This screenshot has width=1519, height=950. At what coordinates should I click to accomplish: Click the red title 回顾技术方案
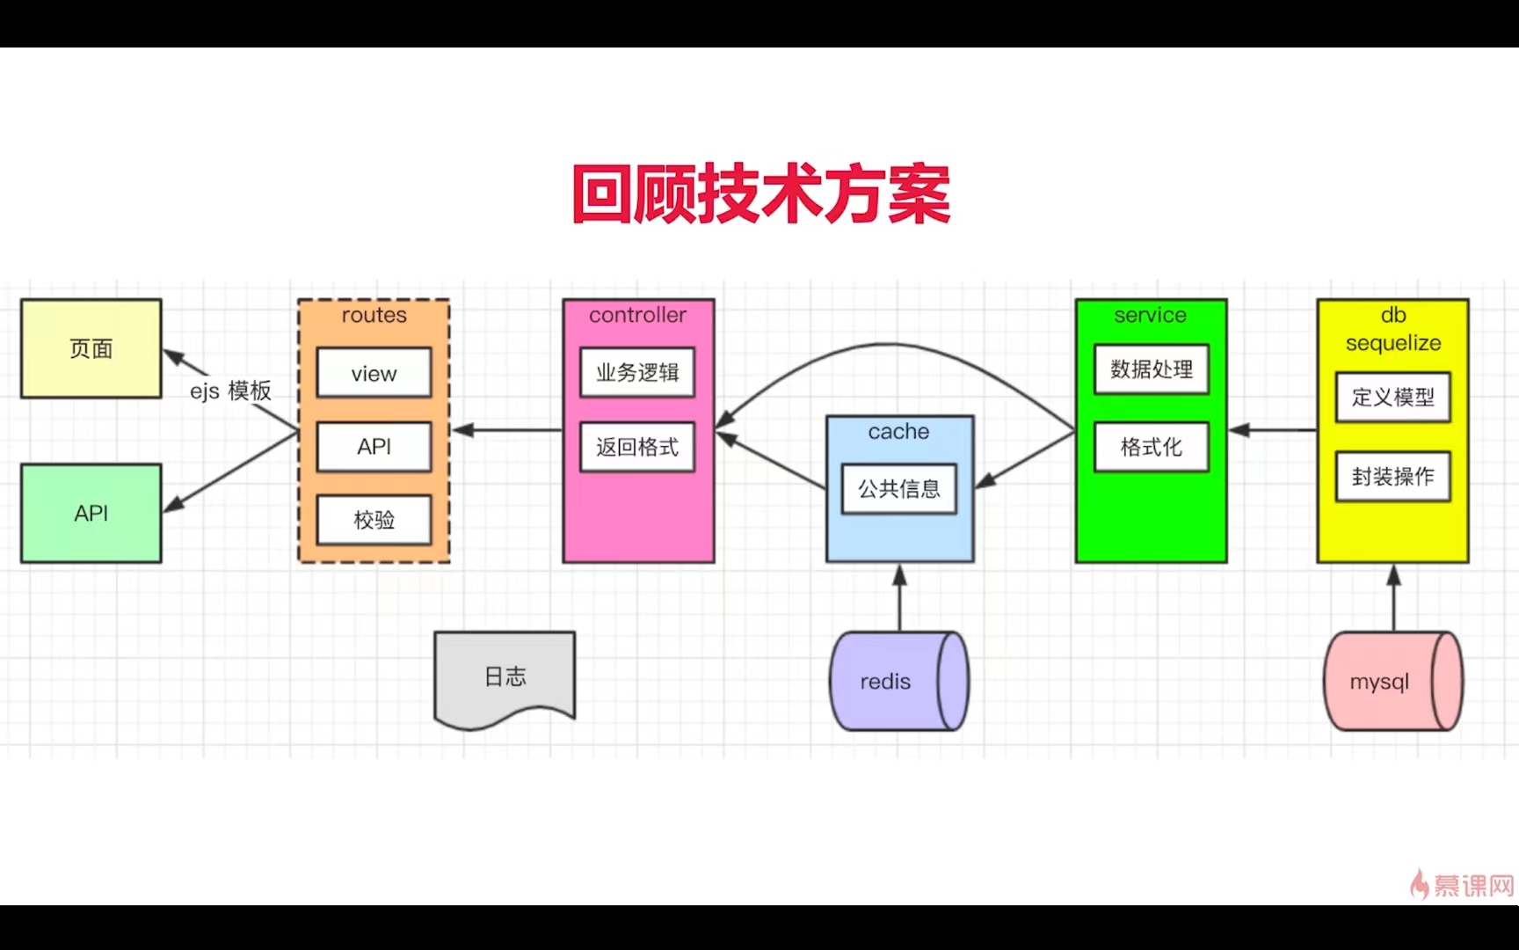(x=761, y=194)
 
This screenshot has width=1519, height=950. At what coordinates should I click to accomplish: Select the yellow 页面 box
(x=91, y=349)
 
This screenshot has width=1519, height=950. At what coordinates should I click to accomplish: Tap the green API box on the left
(x=91, y=514)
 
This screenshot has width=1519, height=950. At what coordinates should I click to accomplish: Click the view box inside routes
(x=374, y=374)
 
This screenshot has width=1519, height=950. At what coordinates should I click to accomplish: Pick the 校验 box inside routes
(x=374, y=520)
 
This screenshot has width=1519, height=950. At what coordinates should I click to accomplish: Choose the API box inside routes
(x=374, y=447)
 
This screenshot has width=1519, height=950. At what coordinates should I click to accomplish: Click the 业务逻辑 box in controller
(x=637, y=373)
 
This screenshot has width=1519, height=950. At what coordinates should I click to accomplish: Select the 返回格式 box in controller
(x=637, y=447)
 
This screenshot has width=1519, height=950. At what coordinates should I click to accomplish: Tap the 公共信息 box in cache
(x=899, y=489)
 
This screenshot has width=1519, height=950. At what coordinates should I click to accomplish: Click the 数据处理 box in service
(x=1152, y=369)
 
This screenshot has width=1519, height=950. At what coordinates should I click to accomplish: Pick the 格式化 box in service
(x=1152, y=447)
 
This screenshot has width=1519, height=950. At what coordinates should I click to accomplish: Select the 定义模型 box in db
(x=1393, y=398)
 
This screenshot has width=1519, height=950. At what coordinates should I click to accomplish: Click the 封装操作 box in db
(x=1393, y=477)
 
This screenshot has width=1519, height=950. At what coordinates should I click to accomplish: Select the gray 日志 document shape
(x=505, y=676)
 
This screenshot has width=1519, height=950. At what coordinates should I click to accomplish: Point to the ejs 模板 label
(x=230, y=391)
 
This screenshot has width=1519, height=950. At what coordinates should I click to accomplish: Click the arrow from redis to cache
(x=899, y=598)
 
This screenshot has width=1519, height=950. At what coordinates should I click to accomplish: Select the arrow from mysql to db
(x=1393, y=598)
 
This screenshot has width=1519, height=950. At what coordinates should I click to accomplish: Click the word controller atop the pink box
(x=637, y=315)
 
